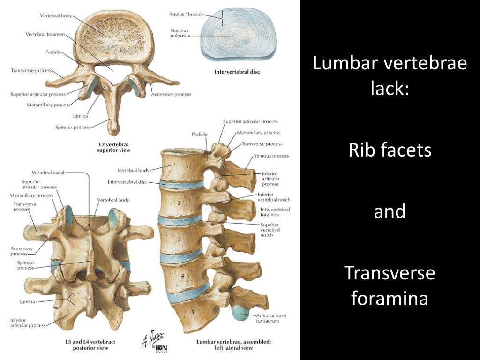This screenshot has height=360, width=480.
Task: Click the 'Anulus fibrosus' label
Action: click(x=185, y=14)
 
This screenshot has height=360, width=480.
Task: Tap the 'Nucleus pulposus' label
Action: click(x=180, y=33)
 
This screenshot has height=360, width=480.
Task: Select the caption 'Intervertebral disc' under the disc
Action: click(x=237, y=72)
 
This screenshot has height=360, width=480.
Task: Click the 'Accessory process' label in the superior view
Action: click(x=171, y=94)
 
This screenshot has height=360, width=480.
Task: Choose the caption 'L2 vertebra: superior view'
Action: click(x=113, y=147)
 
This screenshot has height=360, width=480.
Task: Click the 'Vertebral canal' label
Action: click(x=48, y=172)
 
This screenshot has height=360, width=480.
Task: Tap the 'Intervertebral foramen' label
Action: click(x=275, y=212)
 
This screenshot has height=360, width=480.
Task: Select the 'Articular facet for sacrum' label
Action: click(x=268, y=318)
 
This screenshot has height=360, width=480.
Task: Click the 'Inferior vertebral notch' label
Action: click(x=274, y=197)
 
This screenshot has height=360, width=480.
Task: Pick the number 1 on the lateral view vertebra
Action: click(x=180, y=166)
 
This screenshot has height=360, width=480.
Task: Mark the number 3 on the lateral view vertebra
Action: click(x=179, y=239)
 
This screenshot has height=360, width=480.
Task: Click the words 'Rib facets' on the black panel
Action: click(x=390, y=150)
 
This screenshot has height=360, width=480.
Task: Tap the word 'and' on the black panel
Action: click(x=390, y=211)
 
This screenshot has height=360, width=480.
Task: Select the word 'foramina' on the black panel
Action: click(x=390, y=298)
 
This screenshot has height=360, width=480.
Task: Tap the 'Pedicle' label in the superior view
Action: click(x=53, y=52)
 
